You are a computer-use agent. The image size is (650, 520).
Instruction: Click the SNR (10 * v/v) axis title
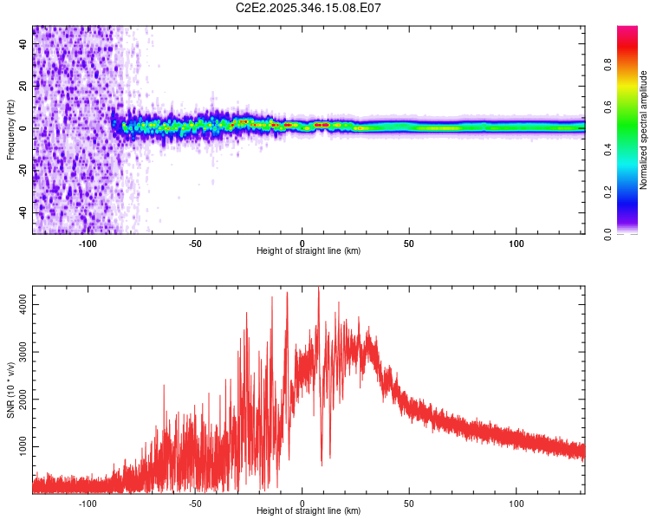[10, 392]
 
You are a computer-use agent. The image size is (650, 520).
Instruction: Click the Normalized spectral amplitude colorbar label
[644, 130]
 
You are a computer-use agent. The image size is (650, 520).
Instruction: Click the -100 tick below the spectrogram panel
[88, 243]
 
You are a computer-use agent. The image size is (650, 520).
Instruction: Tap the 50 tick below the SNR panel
[409, 503]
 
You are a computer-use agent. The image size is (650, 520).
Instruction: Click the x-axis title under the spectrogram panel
[309, 251]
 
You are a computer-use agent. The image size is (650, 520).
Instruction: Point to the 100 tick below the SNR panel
[517, 503]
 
